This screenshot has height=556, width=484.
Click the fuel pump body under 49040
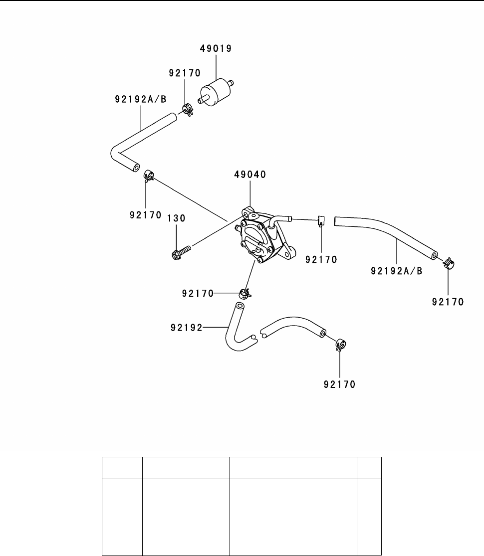click(259, 236)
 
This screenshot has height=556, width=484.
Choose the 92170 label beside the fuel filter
click(184, 73)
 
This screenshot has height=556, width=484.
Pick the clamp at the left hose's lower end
click(148, 176)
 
